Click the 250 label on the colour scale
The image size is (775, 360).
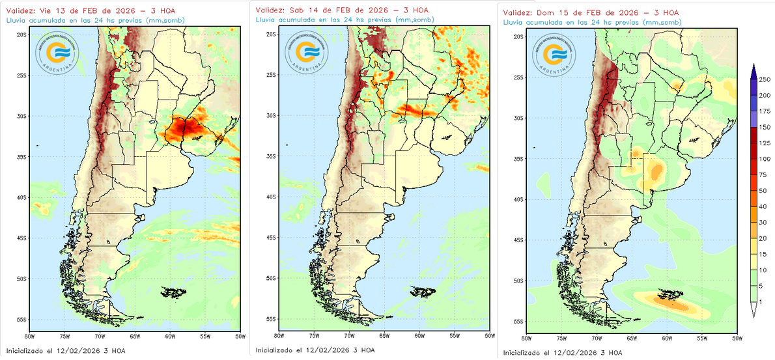click(x=765, y=79)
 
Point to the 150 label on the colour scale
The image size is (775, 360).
click(x=765, y=127)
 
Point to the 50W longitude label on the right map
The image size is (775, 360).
click(x=737, y=339)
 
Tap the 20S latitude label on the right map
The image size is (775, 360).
click(x=518, y=36)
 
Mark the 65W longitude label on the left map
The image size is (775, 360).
click(x=134, y=336)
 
